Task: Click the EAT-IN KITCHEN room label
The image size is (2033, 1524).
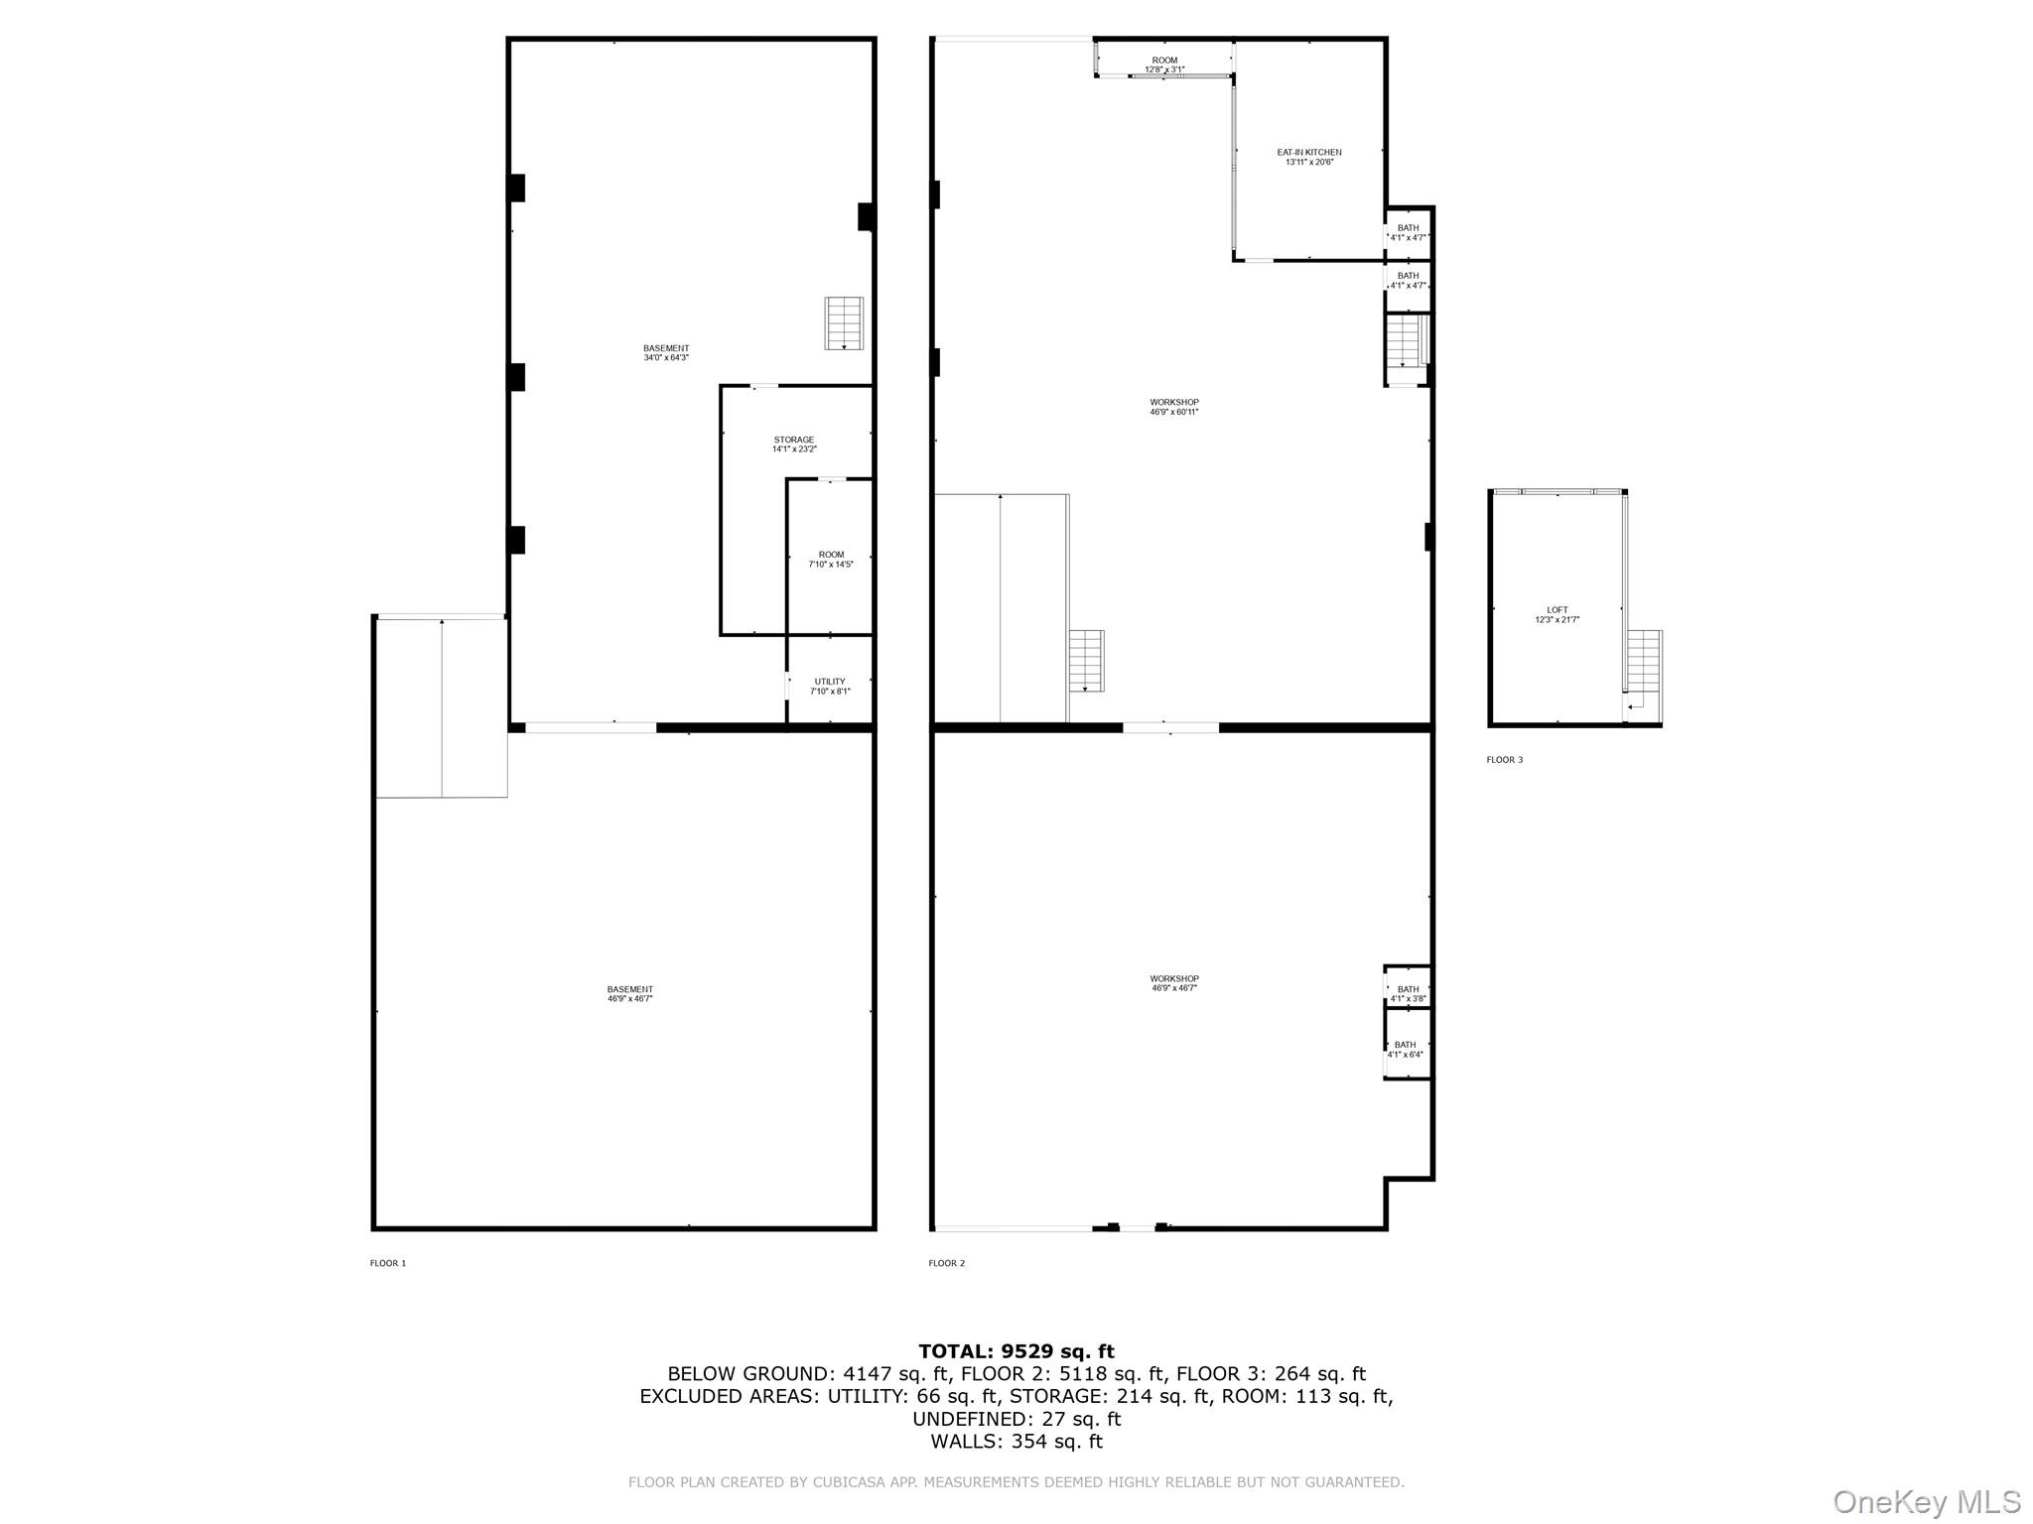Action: (x=1308, y=157)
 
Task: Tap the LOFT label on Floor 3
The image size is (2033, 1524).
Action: (x=1557, y=615)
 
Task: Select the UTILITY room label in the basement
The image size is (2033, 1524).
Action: (x=830, y=687)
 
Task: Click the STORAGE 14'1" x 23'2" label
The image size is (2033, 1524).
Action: (x=794, y=444)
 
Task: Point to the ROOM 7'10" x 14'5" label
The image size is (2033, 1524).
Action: (x=831, y=560)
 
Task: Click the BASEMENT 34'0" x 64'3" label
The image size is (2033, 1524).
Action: (x=665, y=352)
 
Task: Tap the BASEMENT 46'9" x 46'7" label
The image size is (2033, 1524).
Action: (x=629, y=993)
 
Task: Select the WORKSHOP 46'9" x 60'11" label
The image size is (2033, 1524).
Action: (x=1174, y=407)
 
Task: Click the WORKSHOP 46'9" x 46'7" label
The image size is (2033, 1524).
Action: (x=1174, y=983)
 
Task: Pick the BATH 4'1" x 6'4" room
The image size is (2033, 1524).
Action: (x=1405, y=1049)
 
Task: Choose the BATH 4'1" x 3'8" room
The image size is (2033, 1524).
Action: (x=1408, y=993)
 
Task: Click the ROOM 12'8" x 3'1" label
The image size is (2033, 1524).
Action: (x=1164, y=64)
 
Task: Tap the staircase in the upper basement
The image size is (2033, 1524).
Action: (x=843, y=323)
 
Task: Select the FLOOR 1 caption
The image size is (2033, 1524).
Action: (x=388, y=1263)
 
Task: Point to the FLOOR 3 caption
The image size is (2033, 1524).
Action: (x=1504, y=760)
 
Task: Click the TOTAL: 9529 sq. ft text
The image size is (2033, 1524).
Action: (x=1016, y=1351)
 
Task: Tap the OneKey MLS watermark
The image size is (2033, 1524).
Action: (x=1926, y=1501)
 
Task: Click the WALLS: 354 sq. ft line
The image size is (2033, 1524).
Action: (x=1016, y=1442)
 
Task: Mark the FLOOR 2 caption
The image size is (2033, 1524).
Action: (x=946, y=1263)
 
